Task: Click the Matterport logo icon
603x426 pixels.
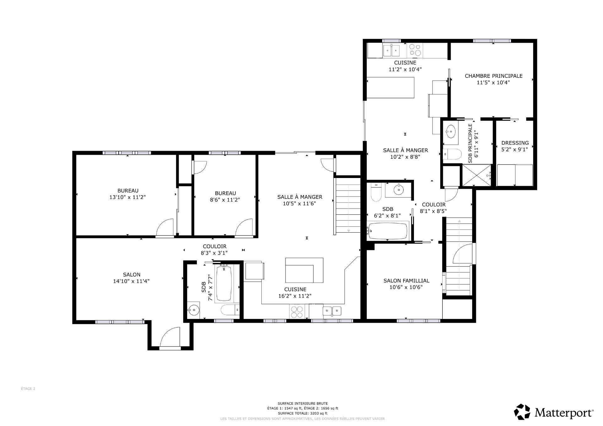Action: [x=522, y=411]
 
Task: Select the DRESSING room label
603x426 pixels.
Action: [x=515, y=143]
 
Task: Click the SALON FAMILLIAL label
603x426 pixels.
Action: [x=406, y=281]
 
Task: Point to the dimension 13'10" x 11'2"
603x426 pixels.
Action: [x=128, y=197]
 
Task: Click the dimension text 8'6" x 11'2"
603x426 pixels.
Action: [x=225, y=200]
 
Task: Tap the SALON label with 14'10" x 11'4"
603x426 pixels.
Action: [x=132, y=275]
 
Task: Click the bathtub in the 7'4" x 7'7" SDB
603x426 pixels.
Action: [x=224, y=283]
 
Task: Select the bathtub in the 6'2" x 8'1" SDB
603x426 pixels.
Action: [x=388, y=231]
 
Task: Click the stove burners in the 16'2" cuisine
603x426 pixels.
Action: [x=297, y=312]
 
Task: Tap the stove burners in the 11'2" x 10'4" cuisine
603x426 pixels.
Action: [x=415, y=50]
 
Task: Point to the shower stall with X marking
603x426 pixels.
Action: [x=476, y=175]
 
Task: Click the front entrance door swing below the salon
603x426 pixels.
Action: [x=170, y=337]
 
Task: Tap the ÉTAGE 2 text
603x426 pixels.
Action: [x=28, y=389]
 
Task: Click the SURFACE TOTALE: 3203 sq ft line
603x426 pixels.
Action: [x=302, y=413]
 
